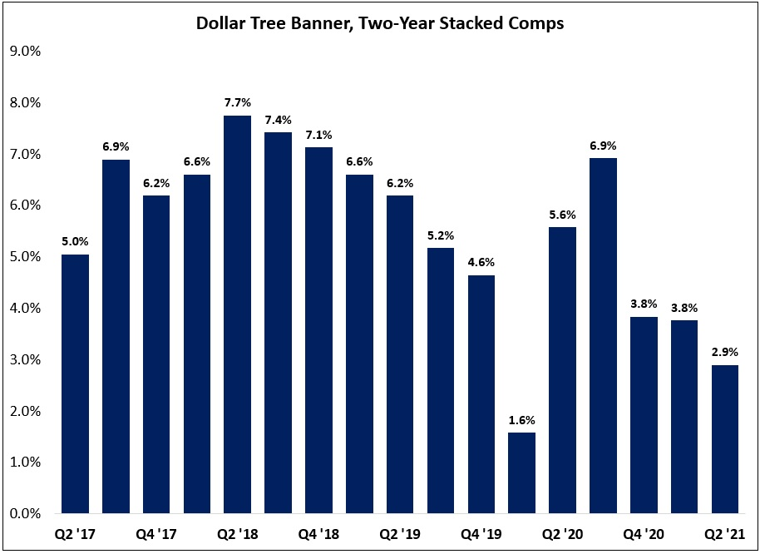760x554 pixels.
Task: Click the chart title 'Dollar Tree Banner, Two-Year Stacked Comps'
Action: (380, 23)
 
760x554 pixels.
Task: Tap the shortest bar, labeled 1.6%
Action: (522, 472)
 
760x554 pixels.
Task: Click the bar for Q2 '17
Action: (76, 383)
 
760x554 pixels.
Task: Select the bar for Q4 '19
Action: (481, 394)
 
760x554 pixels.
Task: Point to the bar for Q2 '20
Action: (563, 370)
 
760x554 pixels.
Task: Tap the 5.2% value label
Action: (441, 236)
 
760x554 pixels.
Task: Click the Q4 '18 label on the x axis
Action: (319, 533)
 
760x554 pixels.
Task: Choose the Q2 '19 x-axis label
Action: (400, 533)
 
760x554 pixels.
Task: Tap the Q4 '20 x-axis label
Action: (644, 533)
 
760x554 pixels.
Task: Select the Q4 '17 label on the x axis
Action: (156, 533)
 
